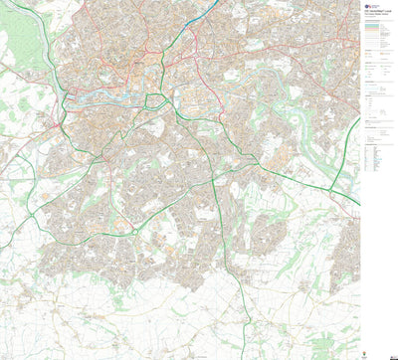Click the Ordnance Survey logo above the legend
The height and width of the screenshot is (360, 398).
click(367, 6)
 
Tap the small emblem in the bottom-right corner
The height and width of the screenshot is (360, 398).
click(390, 351)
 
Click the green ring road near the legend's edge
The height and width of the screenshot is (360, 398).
click(343, 169)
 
